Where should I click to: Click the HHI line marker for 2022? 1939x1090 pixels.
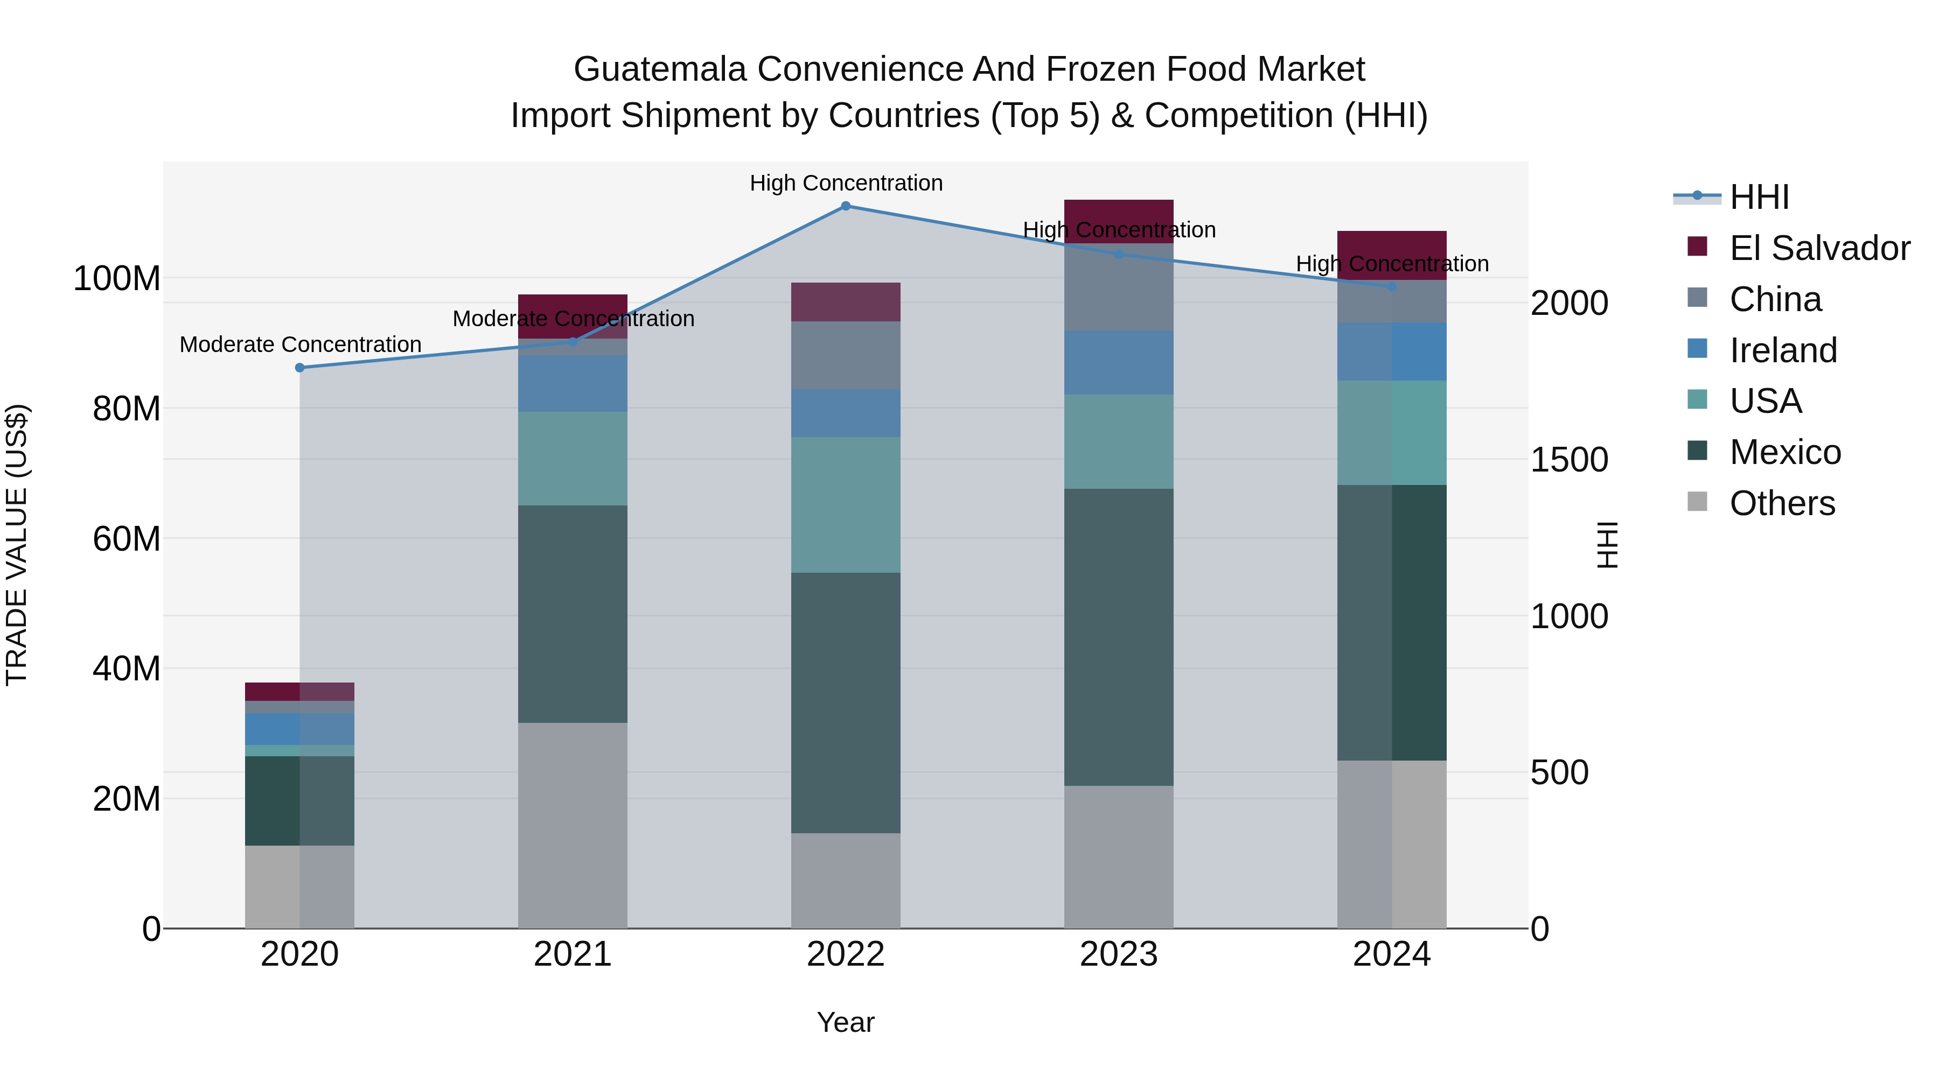(845, 206)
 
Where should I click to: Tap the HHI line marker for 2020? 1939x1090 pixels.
(299, 368)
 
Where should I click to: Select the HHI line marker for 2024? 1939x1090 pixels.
(1392, 286)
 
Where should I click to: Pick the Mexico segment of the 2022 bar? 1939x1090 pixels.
(845, 702)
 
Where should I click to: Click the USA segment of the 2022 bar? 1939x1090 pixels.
(845, 505)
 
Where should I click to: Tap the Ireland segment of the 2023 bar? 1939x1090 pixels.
(1119, 363)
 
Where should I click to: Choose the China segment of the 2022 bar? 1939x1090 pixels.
(845, 355)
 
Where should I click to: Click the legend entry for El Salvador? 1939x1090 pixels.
(1818, 248)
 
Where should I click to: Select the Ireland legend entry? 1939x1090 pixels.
(1782, 350)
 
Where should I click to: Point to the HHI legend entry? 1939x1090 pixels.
(1759, 197)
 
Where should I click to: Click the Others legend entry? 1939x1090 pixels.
(1781, 503)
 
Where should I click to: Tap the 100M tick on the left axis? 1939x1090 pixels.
(117, 279)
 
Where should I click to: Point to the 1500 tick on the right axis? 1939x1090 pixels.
(1570, 460)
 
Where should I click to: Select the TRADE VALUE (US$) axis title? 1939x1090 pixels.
(17, 545)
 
